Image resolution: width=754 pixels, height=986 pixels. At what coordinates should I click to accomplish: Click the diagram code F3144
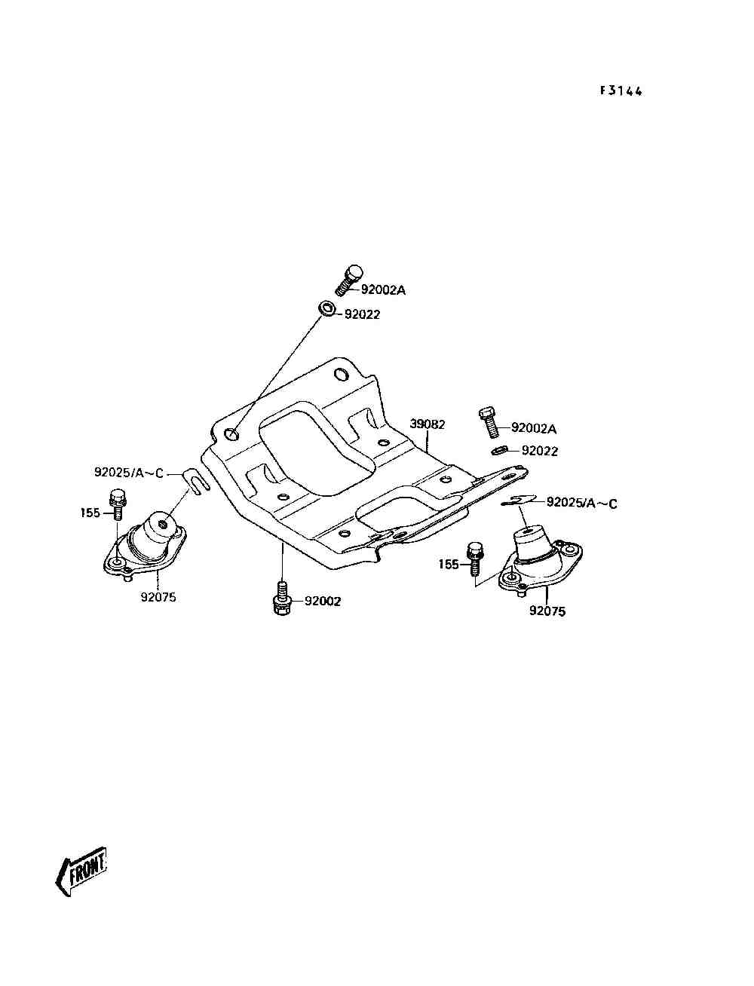pos(621,91)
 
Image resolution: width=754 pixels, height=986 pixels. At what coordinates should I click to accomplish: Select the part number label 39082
pos(427,424)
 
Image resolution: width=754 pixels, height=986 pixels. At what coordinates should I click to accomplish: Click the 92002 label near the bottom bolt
pos(323,602)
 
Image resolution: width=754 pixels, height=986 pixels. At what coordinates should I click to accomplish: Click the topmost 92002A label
pos(383,289)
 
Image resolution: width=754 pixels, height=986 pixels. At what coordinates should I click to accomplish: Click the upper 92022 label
pos(362,314)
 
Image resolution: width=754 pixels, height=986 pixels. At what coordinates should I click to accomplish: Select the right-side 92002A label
pos(534,428)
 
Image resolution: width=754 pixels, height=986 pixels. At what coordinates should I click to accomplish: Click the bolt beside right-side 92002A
pos(488,422)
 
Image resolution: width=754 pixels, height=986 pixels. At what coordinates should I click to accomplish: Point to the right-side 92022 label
pos(540,451)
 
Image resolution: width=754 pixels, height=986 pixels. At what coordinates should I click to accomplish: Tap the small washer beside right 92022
pos(498,451)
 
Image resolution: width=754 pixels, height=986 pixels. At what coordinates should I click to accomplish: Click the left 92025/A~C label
pos(128,473)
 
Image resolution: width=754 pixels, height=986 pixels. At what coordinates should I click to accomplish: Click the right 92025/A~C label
pos(581,503)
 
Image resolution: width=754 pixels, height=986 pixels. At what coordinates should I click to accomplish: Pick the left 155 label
pos(90,513)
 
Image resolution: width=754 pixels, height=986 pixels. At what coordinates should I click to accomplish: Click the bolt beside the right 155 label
pos(475,558)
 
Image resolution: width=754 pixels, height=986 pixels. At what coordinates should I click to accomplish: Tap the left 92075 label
pos(158,598)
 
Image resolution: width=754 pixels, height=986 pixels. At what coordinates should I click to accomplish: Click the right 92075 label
pos(547,611)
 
